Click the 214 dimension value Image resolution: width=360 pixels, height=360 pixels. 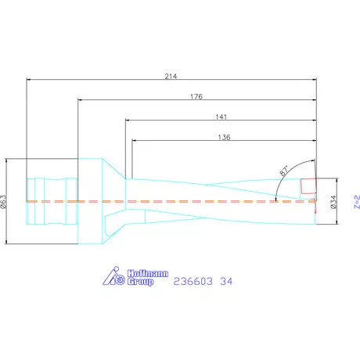pos(171,76)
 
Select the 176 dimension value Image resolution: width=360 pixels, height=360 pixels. pos(196,96)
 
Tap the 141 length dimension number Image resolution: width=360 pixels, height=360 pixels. pos(221,117)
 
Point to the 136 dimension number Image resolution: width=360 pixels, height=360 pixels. pos(224,137)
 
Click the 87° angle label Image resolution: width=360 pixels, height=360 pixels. pos(284,171)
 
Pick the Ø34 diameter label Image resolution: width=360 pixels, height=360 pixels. pos(333,202)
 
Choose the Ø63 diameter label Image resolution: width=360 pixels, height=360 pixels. pos(3,202)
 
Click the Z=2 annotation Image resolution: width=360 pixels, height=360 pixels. pos(357,202)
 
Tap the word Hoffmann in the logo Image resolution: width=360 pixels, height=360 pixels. pos(148,273)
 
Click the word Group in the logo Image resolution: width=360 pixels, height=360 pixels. pos(140,282)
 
